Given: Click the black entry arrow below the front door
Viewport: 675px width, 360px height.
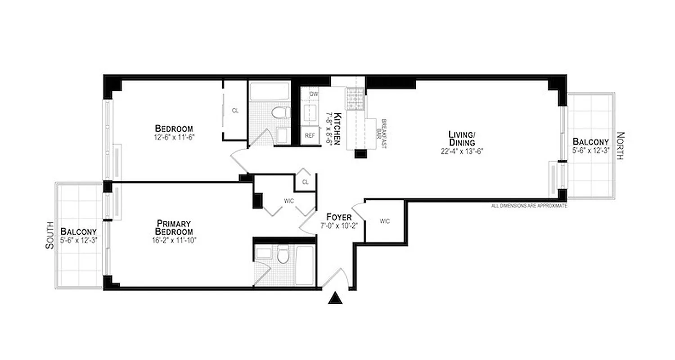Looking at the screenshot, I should coord(333,298).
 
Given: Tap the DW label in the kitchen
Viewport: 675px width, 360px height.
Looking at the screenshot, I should coord(314,94).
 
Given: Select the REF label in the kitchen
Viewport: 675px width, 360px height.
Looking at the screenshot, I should coord(310,135).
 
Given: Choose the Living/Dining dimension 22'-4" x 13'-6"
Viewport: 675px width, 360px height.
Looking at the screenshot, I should coord(462,152).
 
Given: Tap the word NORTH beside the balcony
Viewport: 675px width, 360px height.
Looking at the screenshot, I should coord(620,146).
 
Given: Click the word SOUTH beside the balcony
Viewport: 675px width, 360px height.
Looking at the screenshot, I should coord(49,235).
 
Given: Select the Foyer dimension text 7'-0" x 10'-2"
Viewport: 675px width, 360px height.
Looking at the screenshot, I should coord(339,226).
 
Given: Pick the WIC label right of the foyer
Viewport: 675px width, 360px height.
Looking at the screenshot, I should coord(384,221).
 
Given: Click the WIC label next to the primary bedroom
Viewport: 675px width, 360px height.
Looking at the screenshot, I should coord(288,201).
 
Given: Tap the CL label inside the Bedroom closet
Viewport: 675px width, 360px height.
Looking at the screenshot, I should coord(235,110).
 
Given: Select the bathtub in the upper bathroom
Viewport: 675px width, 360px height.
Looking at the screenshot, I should coord(270,92).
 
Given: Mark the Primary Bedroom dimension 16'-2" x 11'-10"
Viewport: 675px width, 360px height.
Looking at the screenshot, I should coord(175,240).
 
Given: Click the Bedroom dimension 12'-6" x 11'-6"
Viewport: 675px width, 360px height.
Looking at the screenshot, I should coord(175,136).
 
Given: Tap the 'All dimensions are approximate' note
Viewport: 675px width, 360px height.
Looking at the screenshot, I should coord(529,206).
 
